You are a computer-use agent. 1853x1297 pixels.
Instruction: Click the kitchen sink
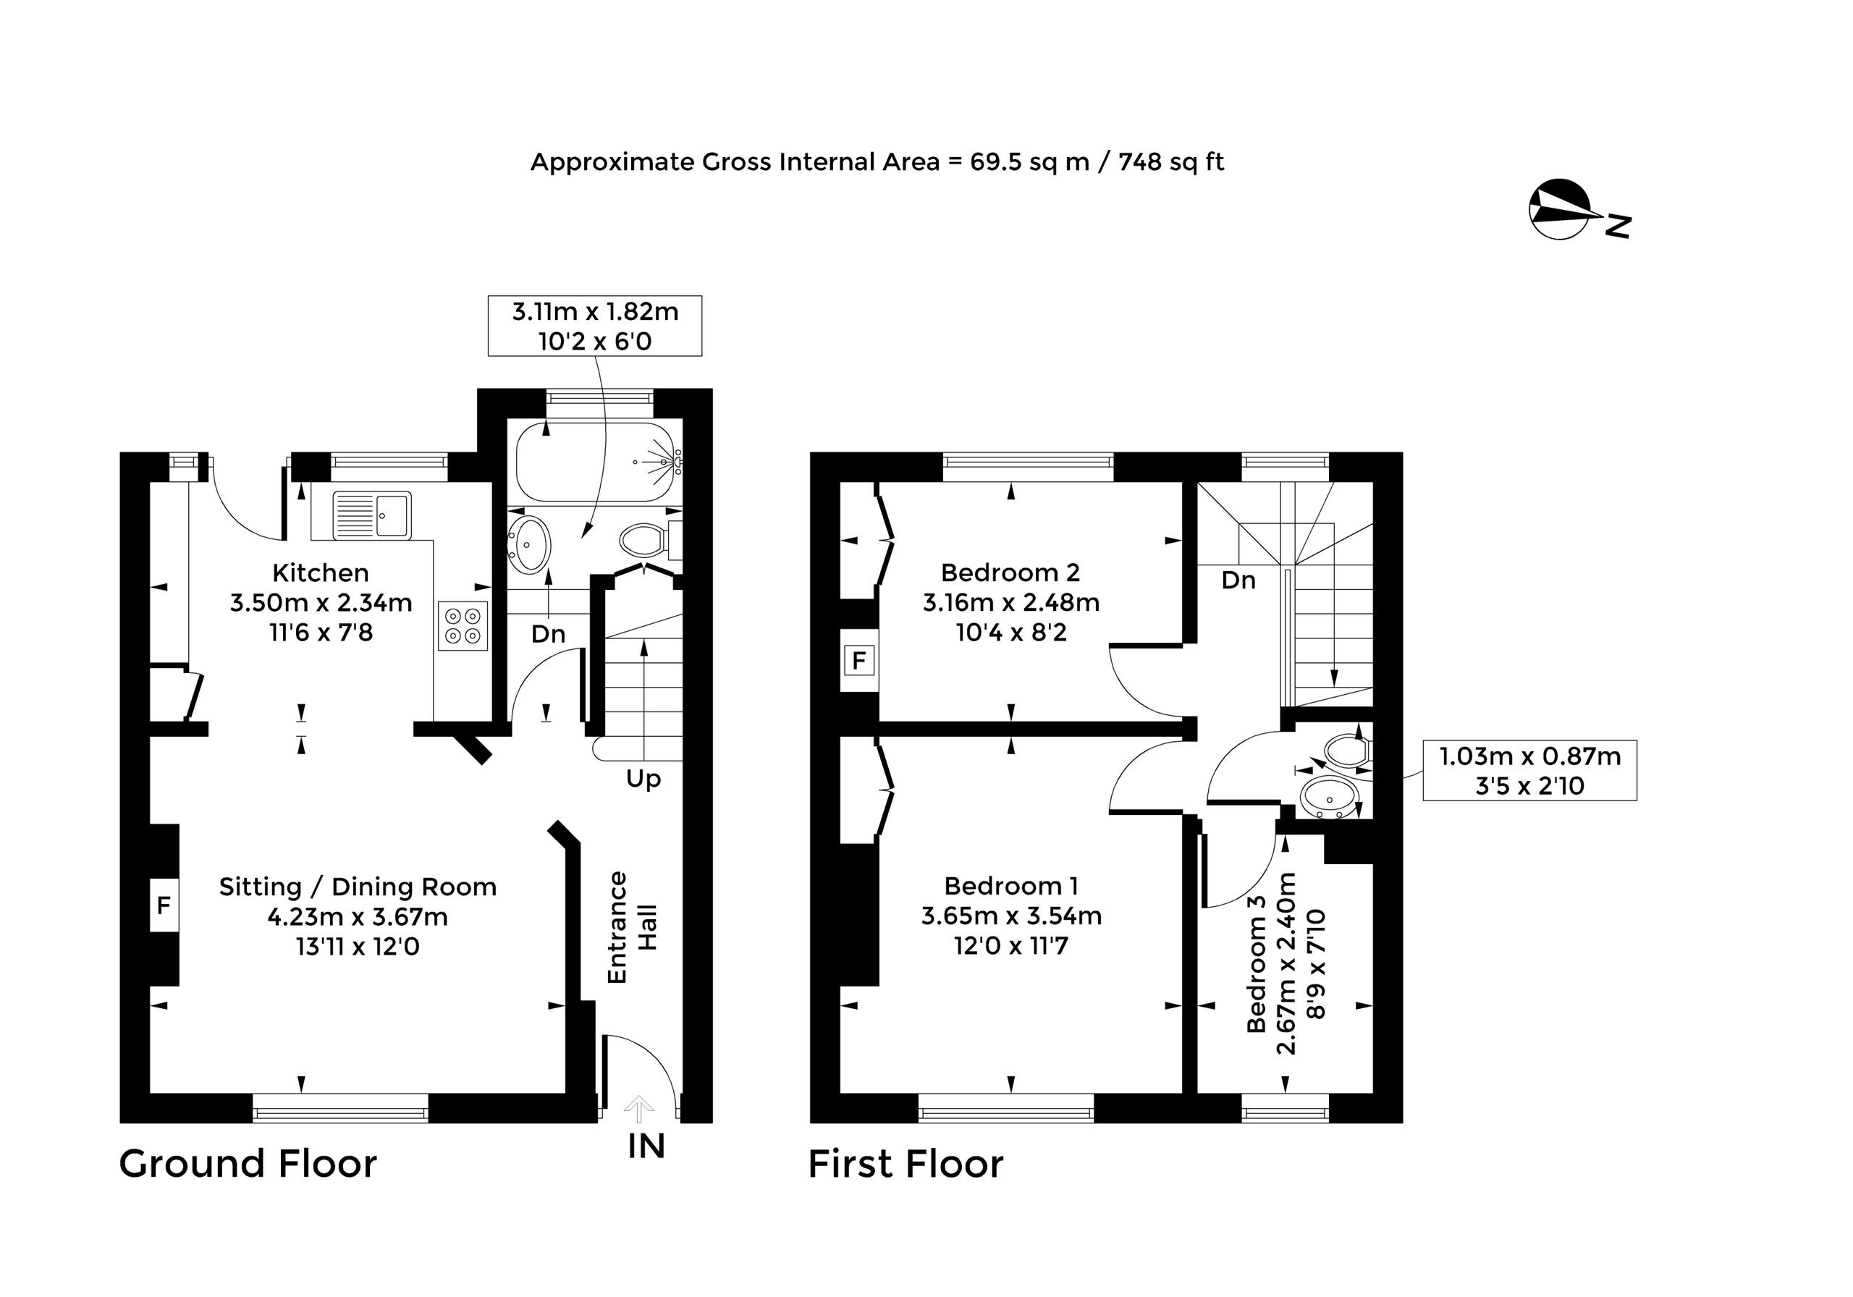(x=372, y=515)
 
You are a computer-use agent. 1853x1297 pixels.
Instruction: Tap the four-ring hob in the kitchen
(x=463, y=625)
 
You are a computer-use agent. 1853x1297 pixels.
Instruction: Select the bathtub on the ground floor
(x=596, y=462)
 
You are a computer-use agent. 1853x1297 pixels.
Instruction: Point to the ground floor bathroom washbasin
(x=528, y=545)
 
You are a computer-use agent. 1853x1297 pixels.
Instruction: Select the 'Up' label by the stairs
(x=643, y=780)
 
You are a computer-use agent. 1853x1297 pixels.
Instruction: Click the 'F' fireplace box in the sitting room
(x=164, y=905)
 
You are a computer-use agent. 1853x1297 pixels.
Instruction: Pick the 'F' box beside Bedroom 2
(x=859, y=661)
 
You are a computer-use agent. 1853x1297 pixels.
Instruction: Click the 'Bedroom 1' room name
(x=1011, y=886)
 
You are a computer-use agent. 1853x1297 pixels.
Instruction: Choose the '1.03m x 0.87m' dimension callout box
(x=1530, y=770)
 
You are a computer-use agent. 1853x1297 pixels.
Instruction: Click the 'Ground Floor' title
(x=248, y=1164)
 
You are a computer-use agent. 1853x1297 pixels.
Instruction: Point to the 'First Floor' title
(x=906, y=1164)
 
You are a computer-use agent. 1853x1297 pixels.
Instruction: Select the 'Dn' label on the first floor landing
(x=1238, y=580)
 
